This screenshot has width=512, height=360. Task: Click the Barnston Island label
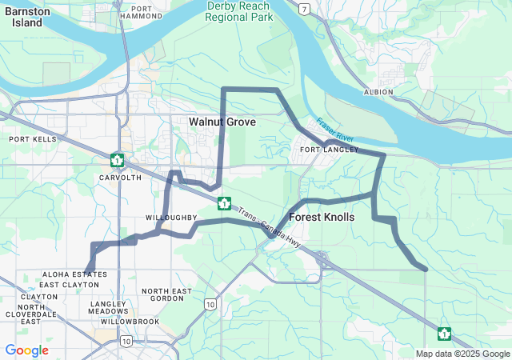(x=28, y=17)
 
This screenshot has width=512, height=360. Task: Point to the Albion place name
(x=378, y=92)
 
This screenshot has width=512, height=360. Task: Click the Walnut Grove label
(x=222, y=122)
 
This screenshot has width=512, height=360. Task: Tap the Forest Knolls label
(x=322, y=217)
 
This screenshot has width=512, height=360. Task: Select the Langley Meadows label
(x=108, y=308)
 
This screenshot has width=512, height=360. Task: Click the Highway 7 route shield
(x=303, y=9)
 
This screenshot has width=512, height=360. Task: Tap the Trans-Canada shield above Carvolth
(x=118, y=159)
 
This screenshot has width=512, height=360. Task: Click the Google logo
(x=26, y=350)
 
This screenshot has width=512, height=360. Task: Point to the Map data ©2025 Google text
(x=462, y=354)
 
